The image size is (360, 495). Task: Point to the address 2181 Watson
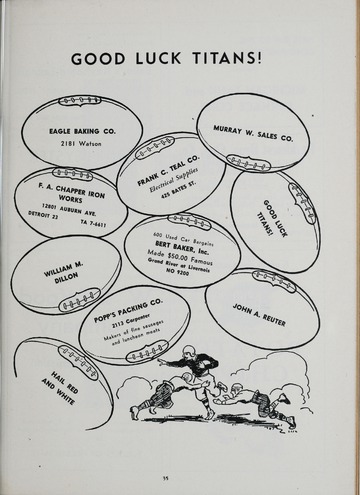click(x=76, y=144)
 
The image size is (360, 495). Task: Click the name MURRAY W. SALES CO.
click(x=245, y=132)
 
